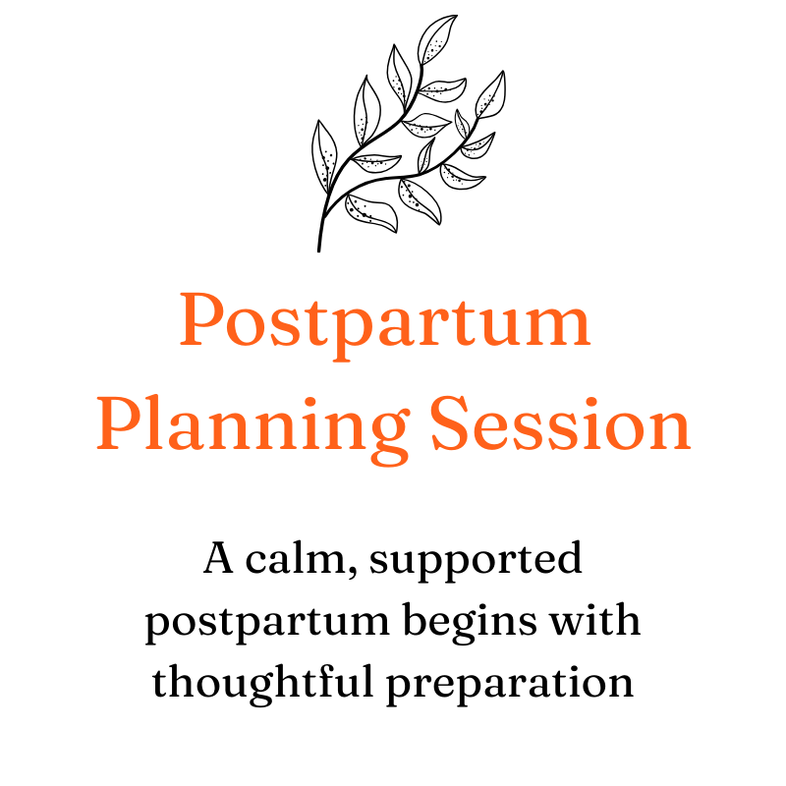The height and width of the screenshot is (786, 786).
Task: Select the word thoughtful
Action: click(x=264, y=682)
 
